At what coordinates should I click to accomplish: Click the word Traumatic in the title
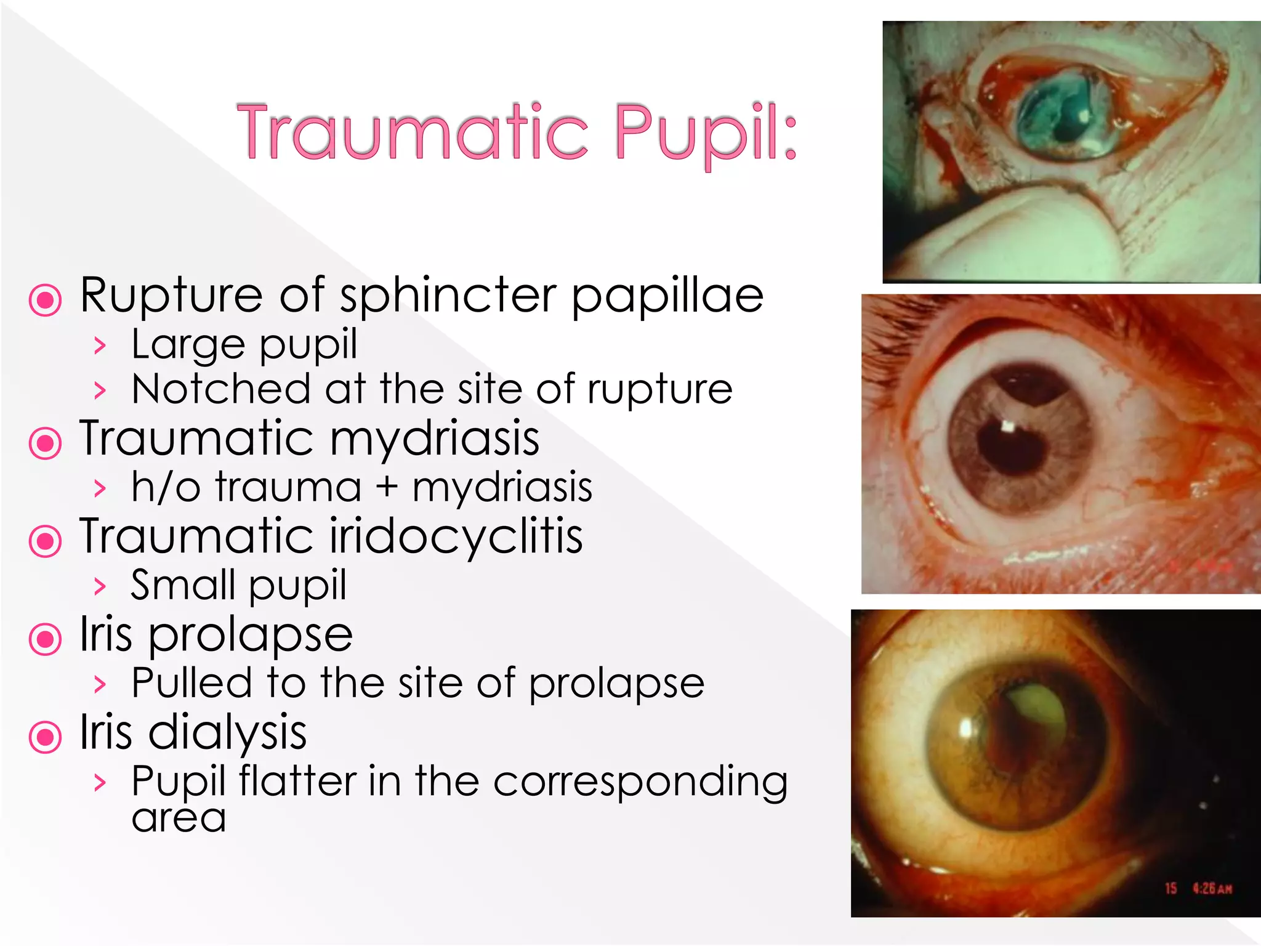coord(413,132)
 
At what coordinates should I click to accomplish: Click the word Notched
coord(221,389)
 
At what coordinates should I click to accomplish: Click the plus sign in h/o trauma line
coord(387,487)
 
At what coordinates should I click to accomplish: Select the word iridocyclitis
coord(456,537)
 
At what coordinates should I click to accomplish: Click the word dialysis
coord(227,733)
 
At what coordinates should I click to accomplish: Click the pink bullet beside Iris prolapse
coord(46,639)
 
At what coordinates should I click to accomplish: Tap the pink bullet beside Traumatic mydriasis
coord(46,443)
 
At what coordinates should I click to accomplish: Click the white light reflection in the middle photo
coord(1008,426)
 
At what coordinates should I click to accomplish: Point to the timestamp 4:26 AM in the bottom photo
coord(1212,889)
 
